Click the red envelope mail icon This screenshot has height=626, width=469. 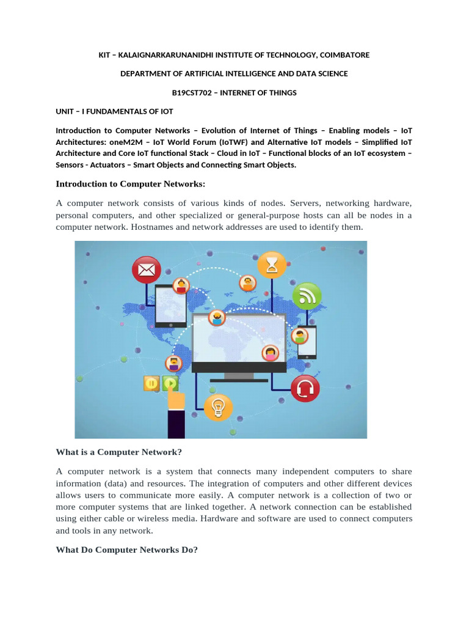(147, 270)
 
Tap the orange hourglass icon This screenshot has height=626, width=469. (272, 265)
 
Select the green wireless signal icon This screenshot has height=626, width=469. (307, 296)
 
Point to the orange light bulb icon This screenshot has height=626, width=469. (218, 407)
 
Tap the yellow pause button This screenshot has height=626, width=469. (151, 384)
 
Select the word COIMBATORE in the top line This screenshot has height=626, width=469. (344, 55)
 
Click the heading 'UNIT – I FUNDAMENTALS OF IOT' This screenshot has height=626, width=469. (114, 111)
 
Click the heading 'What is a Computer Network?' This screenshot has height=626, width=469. (119, 452)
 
